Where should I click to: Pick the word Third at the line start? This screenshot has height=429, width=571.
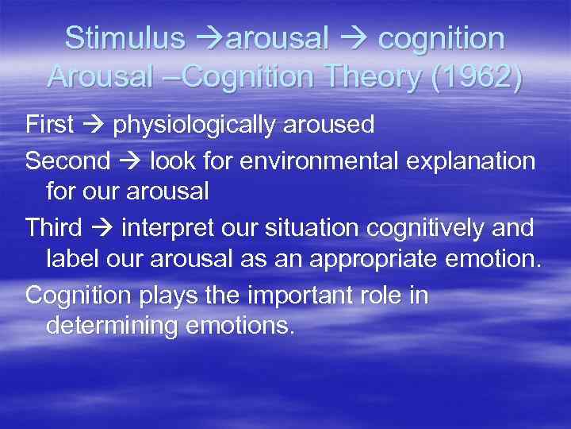pos(53,227)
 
